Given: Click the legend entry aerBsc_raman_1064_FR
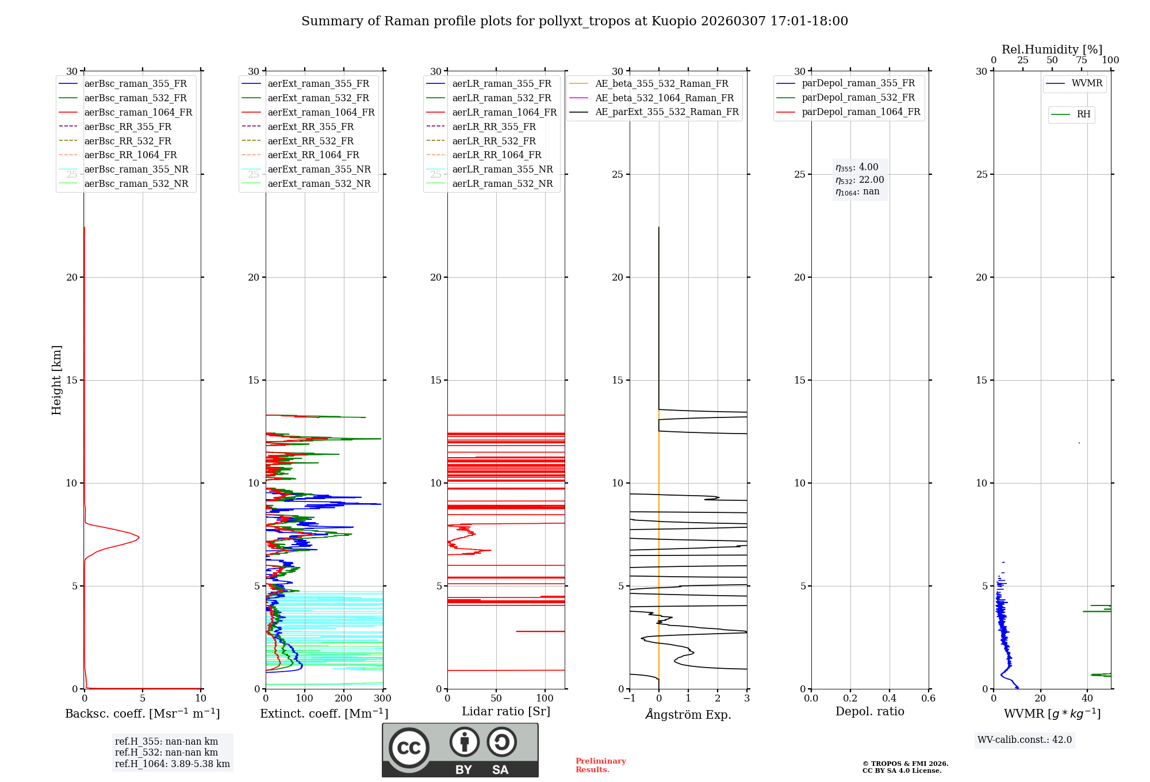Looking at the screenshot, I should point(138,112).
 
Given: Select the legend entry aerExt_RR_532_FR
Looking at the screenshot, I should point(310,141).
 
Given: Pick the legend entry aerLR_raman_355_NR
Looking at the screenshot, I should point(502,169).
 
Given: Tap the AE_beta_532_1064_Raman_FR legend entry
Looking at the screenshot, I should point(664,98).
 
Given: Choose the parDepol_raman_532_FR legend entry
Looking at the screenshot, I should point(858,98).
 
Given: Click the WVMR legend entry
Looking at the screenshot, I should point(1087,83).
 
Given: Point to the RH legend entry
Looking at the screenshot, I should point(1083,114).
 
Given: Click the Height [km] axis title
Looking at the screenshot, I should point(56,380).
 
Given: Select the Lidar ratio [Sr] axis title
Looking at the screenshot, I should point(506,711).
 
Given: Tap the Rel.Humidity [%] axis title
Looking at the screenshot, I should point(1052,49).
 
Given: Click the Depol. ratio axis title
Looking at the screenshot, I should point(869,711).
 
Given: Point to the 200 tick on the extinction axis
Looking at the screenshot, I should point(343,698).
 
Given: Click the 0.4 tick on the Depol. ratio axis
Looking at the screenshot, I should point(889,698).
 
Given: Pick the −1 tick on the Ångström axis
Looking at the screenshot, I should point(629,698).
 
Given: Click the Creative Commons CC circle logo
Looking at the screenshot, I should point(409,747).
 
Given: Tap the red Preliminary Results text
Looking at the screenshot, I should point(600,765).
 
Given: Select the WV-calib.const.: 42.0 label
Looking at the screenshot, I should point(1025,739).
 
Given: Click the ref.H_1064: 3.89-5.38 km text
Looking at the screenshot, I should point(172,764).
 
